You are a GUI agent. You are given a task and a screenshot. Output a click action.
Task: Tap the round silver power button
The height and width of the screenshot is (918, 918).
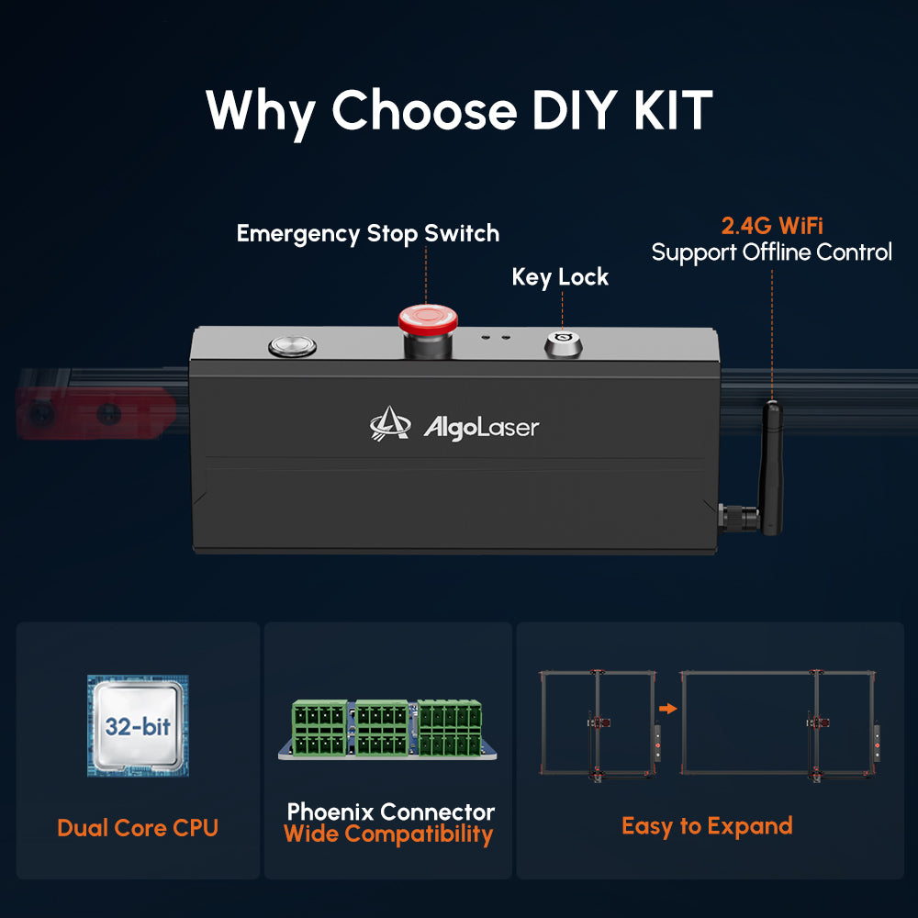[x=292, y=346]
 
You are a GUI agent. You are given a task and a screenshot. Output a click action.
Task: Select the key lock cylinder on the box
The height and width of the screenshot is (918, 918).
[x=563, y=344]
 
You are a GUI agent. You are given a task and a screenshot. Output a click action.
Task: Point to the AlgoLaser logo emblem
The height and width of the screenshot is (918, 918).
[x=390, y=423]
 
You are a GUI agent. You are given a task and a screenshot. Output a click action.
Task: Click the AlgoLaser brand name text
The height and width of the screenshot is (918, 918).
[x=481, y=427]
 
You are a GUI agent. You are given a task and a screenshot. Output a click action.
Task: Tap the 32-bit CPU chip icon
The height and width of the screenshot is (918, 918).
[x=138, y=726]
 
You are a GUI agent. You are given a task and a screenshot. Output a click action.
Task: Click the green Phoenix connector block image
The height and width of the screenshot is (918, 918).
[x=388, y=730]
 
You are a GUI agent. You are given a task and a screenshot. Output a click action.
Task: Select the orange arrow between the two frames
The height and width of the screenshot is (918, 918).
[x=668, y=708]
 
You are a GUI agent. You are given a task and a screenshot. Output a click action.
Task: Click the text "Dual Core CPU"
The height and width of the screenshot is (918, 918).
[x=138, y=827]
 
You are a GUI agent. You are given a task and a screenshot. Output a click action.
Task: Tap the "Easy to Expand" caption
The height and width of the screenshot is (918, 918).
[x=706, y=825]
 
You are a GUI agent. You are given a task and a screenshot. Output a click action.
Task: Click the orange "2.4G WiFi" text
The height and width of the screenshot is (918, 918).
[x=771, y=222]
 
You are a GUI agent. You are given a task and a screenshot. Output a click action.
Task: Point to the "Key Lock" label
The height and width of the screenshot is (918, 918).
[x=560, y=276]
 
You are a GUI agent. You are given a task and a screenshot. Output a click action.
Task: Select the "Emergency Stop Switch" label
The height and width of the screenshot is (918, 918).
[x=368, y=233]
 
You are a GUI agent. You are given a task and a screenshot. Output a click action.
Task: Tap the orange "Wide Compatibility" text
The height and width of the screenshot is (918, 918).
[x=388, y=834]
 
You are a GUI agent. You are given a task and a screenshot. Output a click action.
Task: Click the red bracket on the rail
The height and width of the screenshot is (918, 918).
[x=92, y=413]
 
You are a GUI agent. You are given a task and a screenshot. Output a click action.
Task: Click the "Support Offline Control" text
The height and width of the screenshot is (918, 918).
[x=771, y=252]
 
